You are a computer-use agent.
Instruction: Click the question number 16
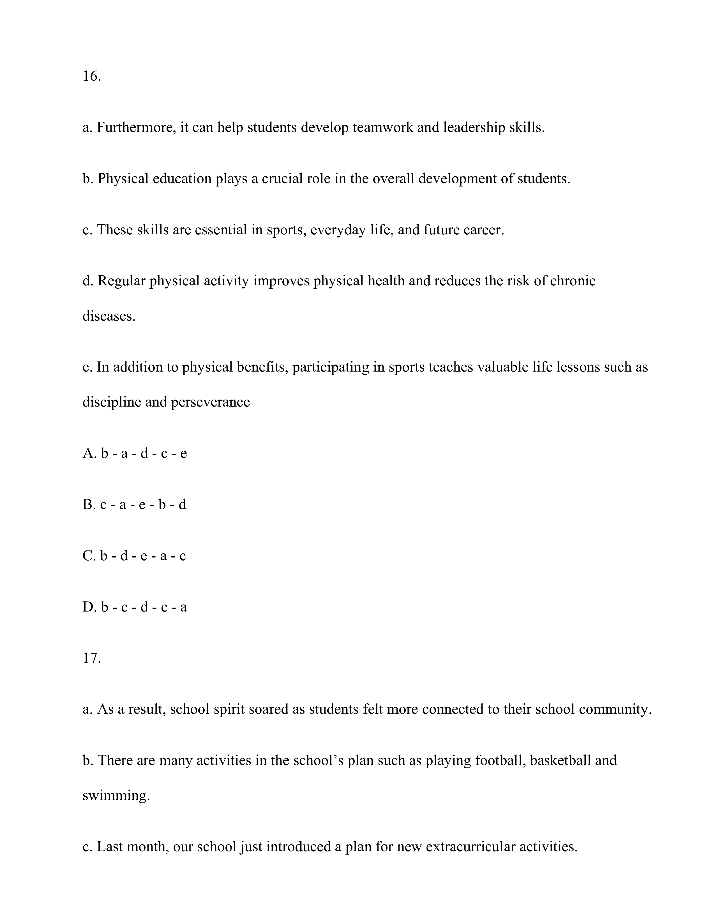coord(91,76)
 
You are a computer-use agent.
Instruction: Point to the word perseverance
coord(211,402)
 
